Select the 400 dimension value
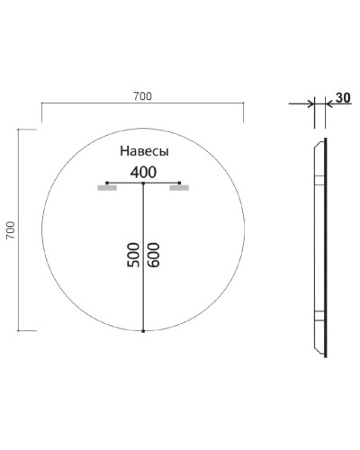click(144, 171)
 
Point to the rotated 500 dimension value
click(133, 256)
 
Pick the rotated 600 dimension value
click(155, 256)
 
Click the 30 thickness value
click(341, 97)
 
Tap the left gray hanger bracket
click(107, 189)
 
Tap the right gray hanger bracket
click(180, 189)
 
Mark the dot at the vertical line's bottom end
click(144, 331)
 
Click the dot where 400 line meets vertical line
click(144, 183)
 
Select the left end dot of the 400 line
click(107, 183)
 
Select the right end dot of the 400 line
click(181, 183)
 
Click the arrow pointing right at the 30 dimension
click(309, 104)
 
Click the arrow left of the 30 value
click(329, 104)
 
